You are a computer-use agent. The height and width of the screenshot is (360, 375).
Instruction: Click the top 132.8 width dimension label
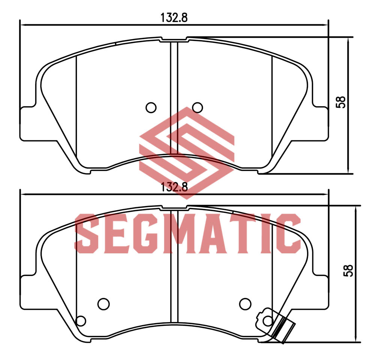click(x=174, y=18)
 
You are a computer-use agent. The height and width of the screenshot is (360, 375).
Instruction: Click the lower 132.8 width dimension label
click(x=174, y=187)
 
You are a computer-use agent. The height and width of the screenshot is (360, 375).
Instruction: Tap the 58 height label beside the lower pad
click(x=348, y=271)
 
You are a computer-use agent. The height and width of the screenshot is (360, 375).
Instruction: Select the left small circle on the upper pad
click(x=151, y=107)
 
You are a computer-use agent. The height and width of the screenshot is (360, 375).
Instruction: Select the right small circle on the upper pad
click(x=197, y=107)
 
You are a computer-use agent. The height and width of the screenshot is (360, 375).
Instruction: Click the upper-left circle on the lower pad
click(x=103, y=304)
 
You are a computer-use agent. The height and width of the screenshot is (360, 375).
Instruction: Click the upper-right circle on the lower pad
click(x=245, y=304)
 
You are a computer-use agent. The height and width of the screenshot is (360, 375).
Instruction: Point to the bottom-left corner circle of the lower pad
click(x=81, y=321)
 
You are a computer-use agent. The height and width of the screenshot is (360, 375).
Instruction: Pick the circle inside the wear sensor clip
click(x=267, y=320)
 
